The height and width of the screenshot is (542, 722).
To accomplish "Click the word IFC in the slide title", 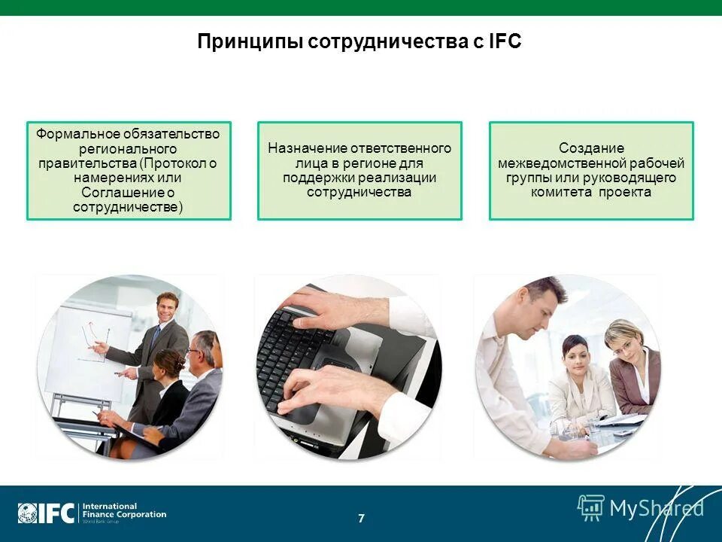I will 505,41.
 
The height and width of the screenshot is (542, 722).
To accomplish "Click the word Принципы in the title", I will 250,41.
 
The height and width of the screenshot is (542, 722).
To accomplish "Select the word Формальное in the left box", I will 77,134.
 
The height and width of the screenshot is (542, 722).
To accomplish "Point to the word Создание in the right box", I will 591,148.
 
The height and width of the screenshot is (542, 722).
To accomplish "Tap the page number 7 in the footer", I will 361,518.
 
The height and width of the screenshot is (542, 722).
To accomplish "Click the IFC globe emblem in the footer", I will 28,513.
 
